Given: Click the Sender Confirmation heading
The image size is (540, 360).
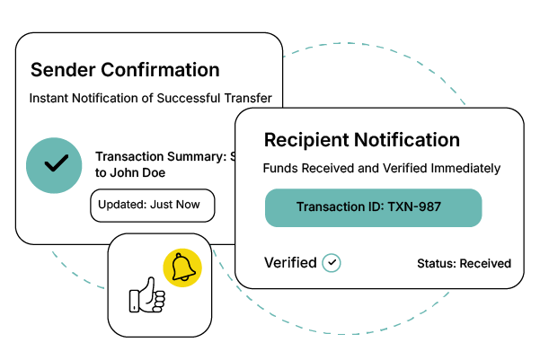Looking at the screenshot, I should (x=125, y=70).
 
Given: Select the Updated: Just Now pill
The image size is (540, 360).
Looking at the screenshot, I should (x=153, y=205).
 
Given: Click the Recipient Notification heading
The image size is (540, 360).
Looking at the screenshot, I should (x=362, y=140).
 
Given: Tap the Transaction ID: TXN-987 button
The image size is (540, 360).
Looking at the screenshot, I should (x=373, y=207).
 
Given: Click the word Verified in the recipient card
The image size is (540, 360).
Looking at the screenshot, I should (x=290, y=262).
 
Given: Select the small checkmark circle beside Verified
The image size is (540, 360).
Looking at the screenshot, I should (x=332, y=262).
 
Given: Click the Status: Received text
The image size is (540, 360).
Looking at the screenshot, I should (x=464, y=264).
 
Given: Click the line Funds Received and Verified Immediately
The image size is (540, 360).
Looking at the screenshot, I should (x=382, y=168).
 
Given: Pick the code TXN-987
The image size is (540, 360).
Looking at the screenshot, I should (x=413, y=207).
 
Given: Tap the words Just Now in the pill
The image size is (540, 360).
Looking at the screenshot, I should (x=178, y=205).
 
